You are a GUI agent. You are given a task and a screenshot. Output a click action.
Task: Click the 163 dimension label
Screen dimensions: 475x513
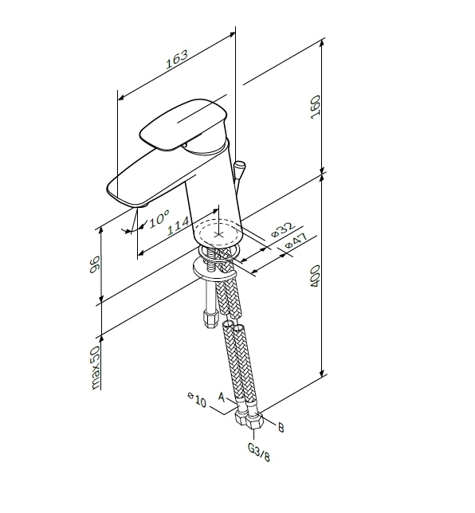[177, 59]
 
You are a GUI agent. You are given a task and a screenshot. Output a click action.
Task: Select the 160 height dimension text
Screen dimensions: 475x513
[316, 107]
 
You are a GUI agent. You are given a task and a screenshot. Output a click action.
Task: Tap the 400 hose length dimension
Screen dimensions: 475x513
[315, 276]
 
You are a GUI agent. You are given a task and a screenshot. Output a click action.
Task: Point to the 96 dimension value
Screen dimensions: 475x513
[94, 264]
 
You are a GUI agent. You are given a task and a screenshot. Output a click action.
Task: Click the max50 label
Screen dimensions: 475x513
[96, 368]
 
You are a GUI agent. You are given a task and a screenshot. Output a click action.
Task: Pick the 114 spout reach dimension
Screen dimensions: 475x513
[179, 225]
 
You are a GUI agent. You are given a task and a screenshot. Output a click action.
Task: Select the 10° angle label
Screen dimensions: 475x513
[159, 218]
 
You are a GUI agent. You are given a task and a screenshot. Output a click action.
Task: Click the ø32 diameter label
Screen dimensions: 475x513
[283, 229]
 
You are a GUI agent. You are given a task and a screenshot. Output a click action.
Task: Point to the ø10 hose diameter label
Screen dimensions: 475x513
[197, 399]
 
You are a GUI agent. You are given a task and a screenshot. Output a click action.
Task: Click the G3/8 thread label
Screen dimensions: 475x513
[259, 452]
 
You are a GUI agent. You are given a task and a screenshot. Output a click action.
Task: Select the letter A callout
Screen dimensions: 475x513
[222, 397]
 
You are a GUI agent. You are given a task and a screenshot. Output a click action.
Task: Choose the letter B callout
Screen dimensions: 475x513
[281, 427]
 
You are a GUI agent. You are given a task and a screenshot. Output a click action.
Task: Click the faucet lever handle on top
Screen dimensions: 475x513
[183, 124]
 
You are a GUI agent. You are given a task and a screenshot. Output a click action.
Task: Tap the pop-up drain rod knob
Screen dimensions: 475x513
[239, 166]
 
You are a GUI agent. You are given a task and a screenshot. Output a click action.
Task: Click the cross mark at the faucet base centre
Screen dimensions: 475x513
[218, 234]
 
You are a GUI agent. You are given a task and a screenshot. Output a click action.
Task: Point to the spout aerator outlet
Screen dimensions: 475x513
[143, 206]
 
